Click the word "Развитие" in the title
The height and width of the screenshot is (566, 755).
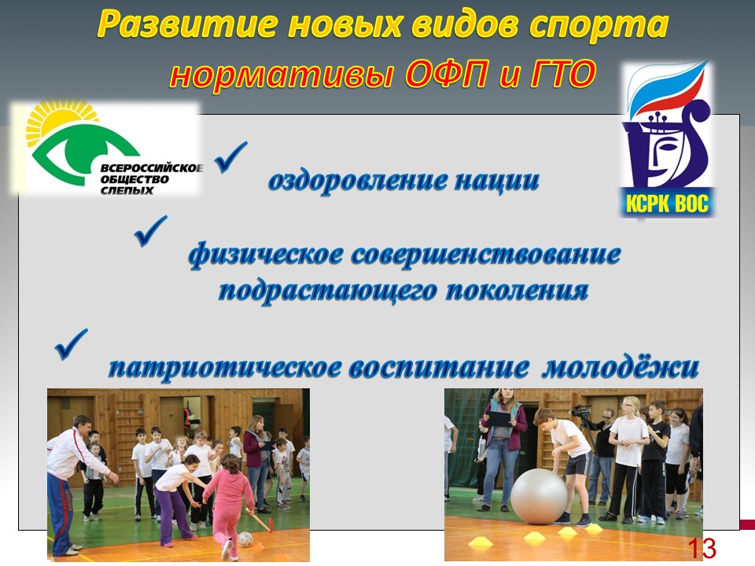(188, 25)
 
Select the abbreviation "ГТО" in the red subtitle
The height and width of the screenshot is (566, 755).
(563, 75)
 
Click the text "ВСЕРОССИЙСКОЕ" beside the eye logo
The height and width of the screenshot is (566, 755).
(152, 168)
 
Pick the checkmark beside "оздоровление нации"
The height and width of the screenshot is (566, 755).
(230, 157)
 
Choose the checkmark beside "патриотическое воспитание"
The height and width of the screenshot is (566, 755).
(71, 344)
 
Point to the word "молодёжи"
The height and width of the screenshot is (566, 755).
(621, 368)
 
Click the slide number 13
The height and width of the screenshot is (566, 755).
(702, 548)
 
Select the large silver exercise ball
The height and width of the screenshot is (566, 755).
(539, 497)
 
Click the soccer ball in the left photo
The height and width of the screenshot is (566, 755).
(245, 539)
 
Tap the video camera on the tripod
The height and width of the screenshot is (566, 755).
(582, 410)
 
